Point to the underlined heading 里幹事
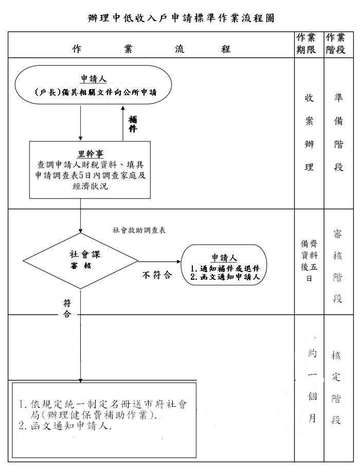(x=90, y=154)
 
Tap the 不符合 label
(x=157, y=275)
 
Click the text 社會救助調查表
(x=139, y=230)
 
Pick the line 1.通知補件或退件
(x=225, y=268)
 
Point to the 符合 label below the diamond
(x=67, y=309)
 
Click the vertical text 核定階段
(x=336, y=388)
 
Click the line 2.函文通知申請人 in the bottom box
(x=65, y=426)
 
